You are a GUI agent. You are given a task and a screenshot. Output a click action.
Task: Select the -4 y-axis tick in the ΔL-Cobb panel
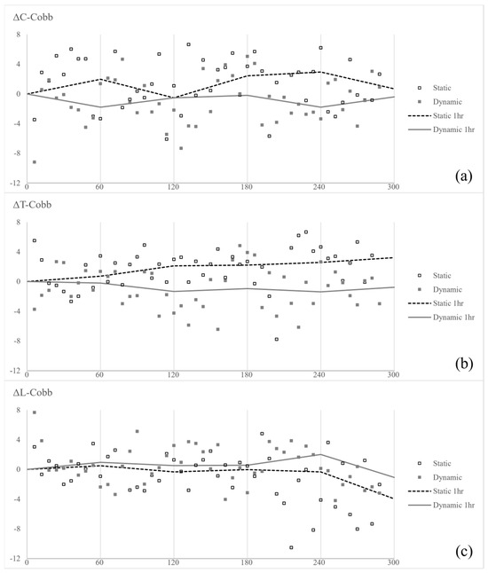click(x=17, y=498)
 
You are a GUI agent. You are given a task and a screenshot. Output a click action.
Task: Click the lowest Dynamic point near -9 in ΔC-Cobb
click(x=34, y=162)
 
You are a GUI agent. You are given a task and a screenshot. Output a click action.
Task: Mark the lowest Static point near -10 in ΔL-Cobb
click(x=291, y=547)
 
